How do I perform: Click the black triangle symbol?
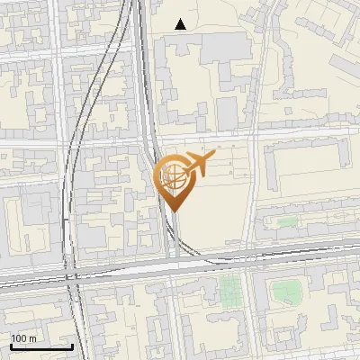click(181, 24)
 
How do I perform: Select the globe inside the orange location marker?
click(173, 175)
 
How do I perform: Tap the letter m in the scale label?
click(32, 338)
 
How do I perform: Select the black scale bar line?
click(41, 346)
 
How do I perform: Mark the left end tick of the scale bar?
click(11, 345)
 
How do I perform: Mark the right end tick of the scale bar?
click(72, 345)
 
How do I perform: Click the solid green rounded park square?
click(286, 291)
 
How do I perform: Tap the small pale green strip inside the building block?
click(286, 221)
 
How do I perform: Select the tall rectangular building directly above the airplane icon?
click(227, 112)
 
